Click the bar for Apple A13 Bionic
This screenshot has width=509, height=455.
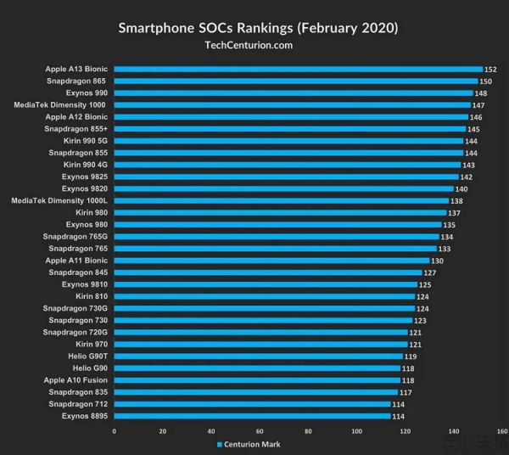click(x=297, y=70)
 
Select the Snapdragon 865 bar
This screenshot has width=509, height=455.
click(x=294, y=81)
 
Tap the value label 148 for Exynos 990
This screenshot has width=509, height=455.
click(x=480, y=93)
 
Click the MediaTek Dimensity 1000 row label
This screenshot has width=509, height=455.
click(x=59, y=105)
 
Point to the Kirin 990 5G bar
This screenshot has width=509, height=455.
click(x=288, y=141)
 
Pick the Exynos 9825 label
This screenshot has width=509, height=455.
click(x=84, y=177)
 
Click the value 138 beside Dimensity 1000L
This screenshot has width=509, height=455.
click(x=456, y=201)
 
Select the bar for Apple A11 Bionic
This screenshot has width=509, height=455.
click(x=271, y=261)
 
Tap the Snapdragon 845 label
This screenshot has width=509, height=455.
click(x=78, y=272)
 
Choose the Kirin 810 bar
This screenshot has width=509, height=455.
click(x=264, y=296)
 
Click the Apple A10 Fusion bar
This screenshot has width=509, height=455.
click(x=257, y=380)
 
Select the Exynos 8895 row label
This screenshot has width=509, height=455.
click(x=84, y=416)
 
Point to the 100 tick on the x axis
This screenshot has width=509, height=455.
click(x=356, y=431)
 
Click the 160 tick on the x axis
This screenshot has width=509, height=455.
click(x=501, y=431)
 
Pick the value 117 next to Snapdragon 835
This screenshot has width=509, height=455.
click(x=405, y=392)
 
